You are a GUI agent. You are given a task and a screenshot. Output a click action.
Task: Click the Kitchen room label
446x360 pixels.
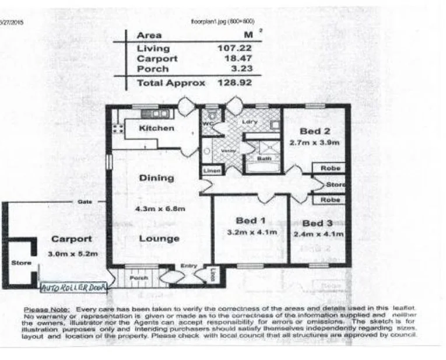point(156,128)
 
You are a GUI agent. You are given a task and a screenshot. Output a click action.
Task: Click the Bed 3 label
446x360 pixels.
point(317,223)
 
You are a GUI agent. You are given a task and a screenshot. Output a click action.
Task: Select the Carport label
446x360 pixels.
point(71,239)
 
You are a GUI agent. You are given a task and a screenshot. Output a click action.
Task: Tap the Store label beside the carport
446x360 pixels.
point(21,263)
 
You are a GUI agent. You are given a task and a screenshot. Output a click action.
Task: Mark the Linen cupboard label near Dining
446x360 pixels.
point(211,171)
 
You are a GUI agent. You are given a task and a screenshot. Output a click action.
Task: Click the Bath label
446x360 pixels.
point(264,159)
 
